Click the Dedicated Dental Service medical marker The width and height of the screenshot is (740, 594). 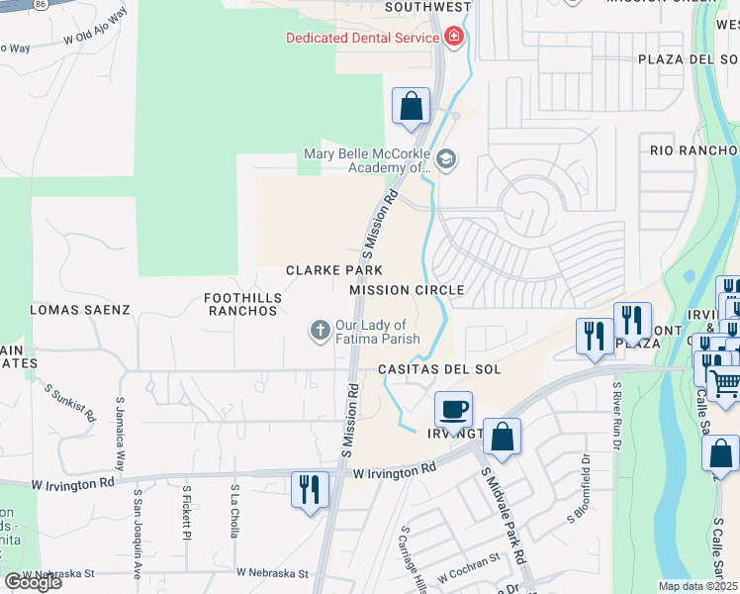coord(454,38)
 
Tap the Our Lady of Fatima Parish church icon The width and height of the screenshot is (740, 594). coord(320,331)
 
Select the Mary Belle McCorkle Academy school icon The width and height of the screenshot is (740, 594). coord(445,159)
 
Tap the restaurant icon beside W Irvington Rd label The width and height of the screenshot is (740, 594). coord(310,489)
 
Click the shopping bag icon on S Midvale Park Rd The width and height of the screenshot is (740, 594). coord(502,436)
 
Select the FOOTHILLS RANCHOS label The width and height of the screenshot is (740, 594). coord(242,304)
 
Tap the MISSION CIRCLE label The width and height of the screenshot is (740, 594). coord(407,290)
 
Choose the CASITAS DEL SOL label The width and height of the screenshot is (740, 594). coord(440,369)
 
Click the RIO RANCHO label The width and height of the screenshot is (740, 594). coord(694,150)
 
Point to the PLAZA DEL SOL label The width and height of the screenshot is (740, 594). coord(689,58)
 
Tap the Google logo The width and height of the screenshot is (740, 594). coord(33,581)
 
